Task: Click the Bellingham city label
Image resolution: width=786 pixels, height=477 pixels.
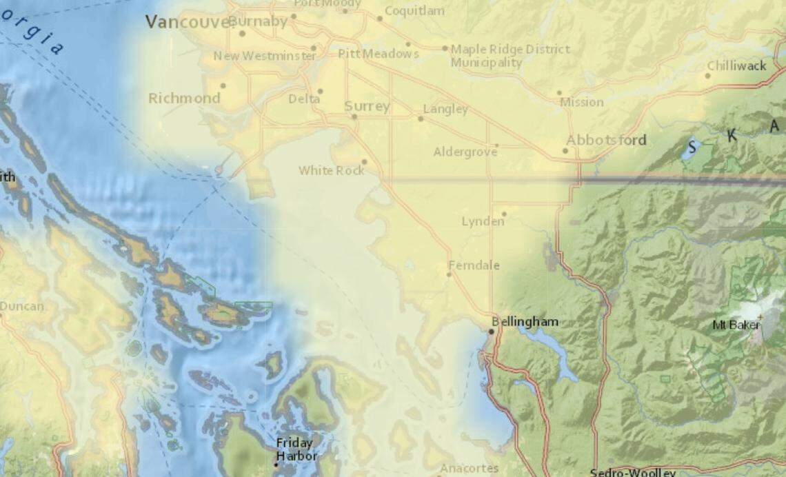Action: [x=525, y=322]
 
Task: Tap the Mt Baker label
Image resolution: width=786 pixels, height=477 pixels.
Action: [x=737, y=324]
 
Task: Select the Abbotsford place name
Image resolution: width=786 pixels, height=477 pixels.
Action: [x=606, y=140]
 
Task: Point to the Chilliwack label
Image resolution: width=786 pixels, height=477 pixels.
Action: [x=736, y=65]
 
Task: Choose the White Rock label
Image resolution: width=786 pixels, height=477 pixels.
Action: [x=331, y=170]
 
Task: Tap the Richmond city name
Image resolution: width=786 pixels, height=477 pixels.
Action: [x=184, y=98]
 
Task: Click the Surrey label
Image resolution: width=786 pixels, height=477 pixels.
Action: [x=367, y=106]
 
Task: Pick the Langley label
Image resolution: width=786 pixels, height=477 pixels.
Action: [x=445, y=109]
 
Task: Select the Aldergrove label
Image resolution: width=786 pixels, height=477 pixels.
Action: [x=465, y=152]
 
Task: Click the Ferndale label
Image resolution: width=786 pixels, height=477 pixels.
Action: [x=474, y=265]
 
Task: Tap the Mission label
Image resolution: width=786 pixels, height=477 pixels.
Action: [x=582, y=102]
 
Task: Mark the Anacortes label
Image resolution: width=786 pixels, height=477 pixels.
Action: [x=470, y=468]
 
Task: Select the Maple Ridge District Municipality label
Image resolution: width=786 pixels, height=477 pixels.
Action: [x=510, y=56]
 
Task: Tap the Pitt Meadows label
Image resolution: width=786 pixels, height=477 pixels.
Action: [x=379, y=53]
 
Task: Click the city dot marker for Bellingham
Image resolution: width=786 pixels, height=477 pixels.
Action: [x=491, y=332]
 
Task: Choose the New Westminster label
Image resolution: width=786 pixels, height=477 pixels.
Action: [x=265, y=56]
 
